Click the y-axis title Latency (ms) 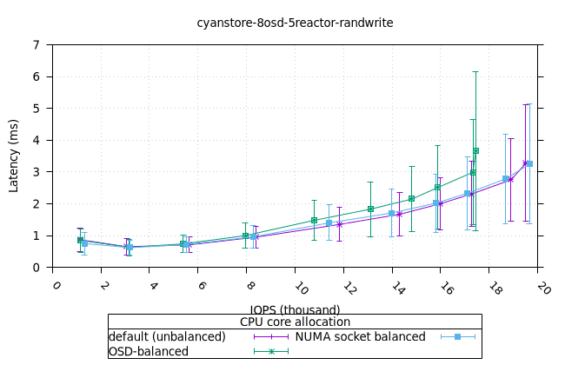14,156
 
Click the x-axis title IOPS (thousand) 295,309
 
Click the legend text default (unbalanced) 166,336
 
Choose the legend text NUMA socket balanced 360,336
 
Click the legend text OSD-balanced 149,351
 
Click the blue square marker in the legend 458,336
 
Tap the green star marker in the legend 270,351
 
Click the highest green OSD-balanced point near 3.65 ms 475,150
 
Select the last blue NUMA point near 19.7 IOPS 529,163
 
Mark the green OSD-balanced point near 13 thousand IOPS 370,209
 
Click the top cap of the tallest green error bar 475,71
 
